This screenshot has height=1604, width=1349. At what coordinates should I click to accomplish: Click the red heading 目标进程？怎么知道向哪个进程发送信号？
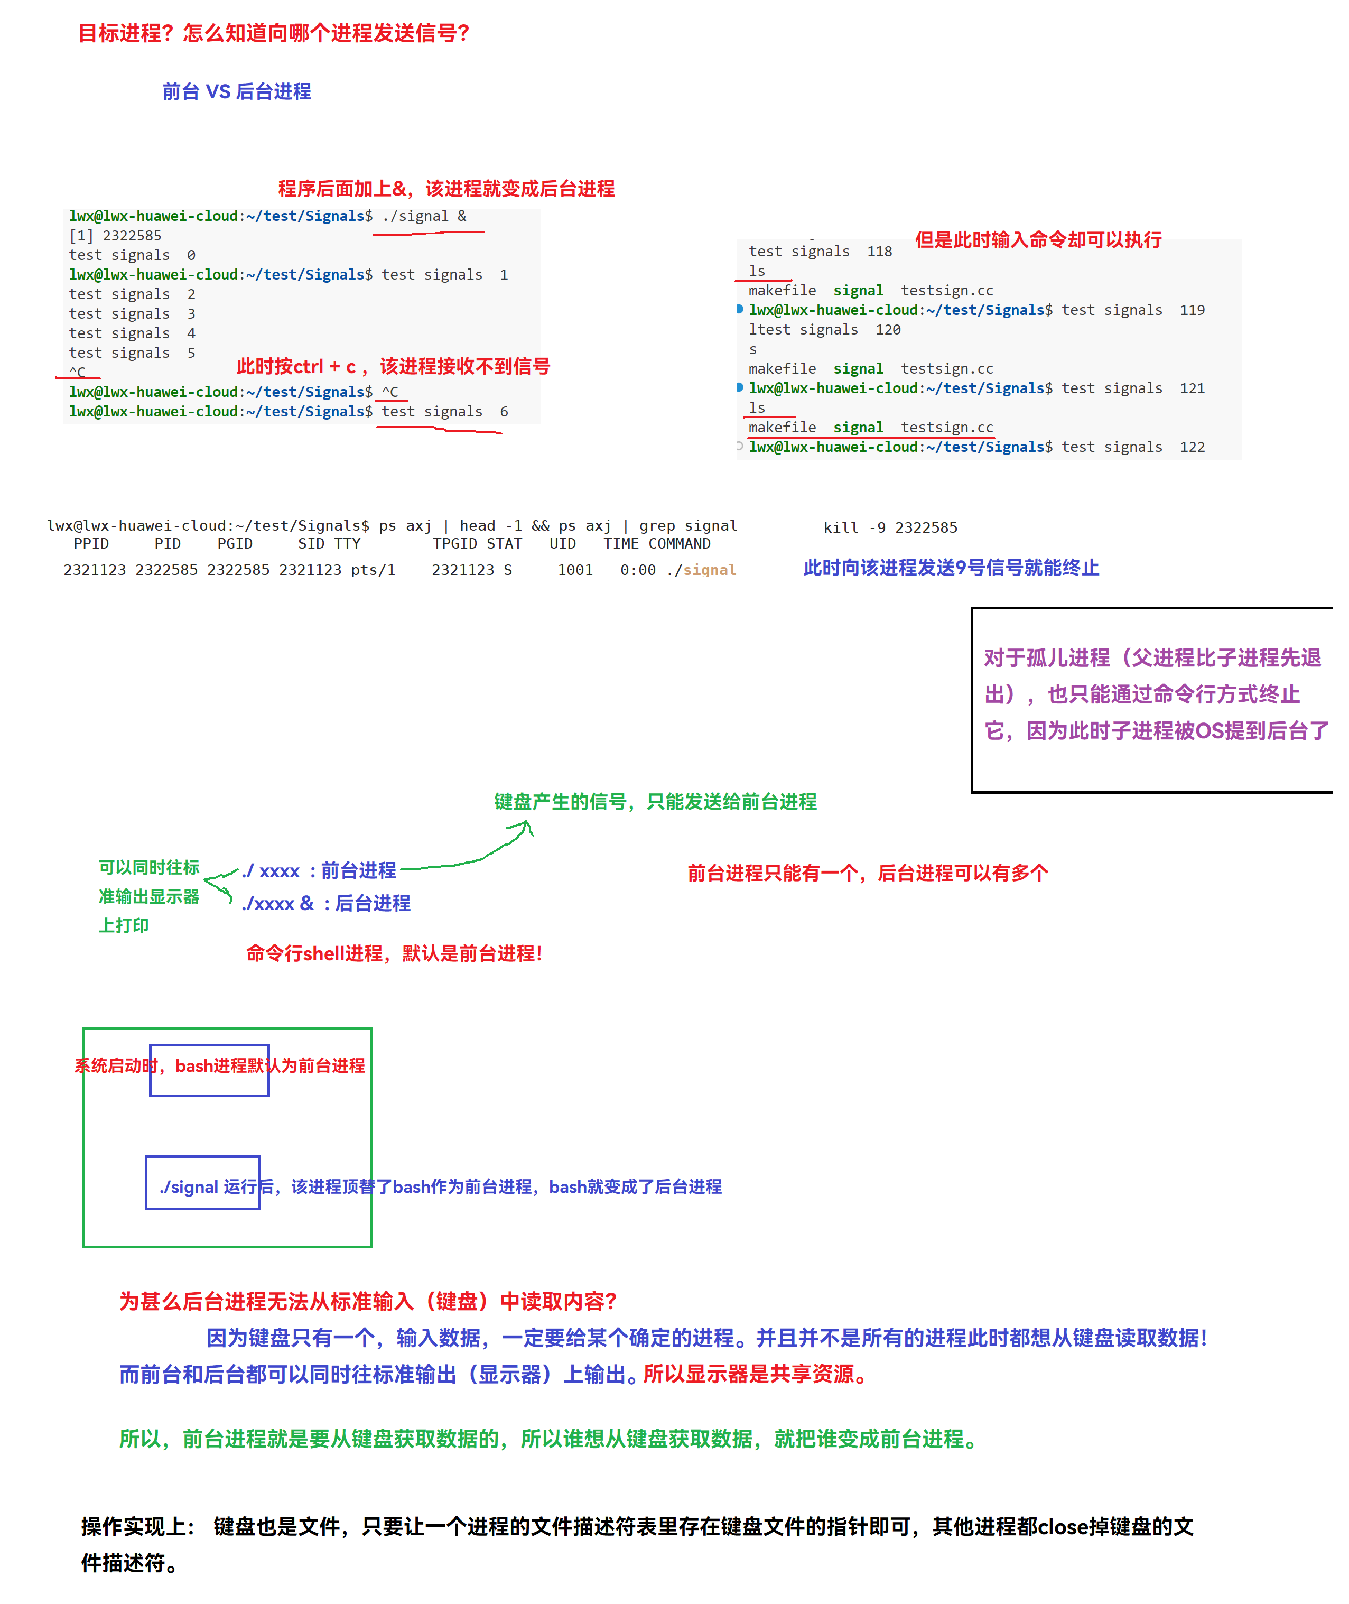[274, 33]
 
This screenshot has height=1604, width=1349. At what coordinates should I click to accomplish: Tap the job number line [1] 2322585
[116, 236]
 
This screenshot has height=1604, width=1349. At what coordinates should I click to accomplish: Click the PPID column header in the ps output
[91, 544]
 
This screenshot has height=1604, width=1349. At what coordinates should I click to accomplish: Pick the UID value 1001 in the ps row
[575, 570]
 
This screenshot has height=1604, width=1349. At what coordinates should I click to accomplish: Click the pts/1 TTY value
[373, 570]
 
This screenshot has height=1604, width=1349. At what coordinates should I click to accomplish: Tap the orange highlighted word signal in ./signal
[710, 570]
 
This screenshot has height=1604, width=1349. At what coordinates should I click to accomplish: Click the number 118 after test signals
[879, 252]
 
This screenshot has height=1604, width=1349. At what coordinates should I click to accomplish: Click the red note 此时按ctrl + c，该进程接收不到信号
[393, 366]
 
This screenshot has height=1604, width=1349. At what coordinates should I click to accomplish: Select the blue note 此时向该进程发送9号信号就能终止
[951, 568]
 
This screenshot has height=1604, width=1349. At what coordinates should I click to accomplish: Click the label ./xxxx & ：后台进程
[326, 903]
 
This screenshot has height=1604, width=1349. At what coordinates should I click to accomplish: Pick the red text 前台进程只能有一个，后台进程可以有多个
[867, 873]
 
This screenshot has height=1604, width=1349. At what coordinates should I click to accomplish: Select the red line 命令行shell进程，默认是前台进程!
[394, 953]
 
